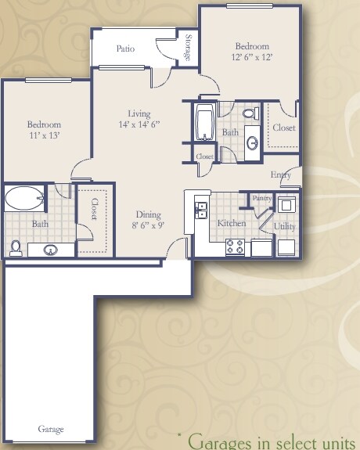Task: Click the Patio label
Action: click(x=125, y=49)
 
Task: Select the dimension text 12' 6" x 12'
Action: click(x=252, y=57)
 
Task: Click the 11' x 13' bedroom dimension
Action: click(x=44, y=135)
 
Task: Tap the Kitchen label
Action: click(x=232, y=224)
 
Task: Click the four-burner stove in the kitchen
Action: click(x=235, y=247)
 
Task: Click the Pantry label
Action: click(x=261, y=199)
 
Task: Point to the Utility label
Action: click(x=284, y=226)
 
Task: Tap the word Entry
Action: click(x=281, y=175)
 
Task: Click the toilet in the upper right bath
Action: click(x=250, y=114)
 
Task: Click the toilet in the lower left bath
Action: click(x=16, y=247)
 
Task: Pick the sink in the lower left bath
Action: click(x=50, y=250)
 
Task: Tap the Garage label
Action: click(x=51, y=430)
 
